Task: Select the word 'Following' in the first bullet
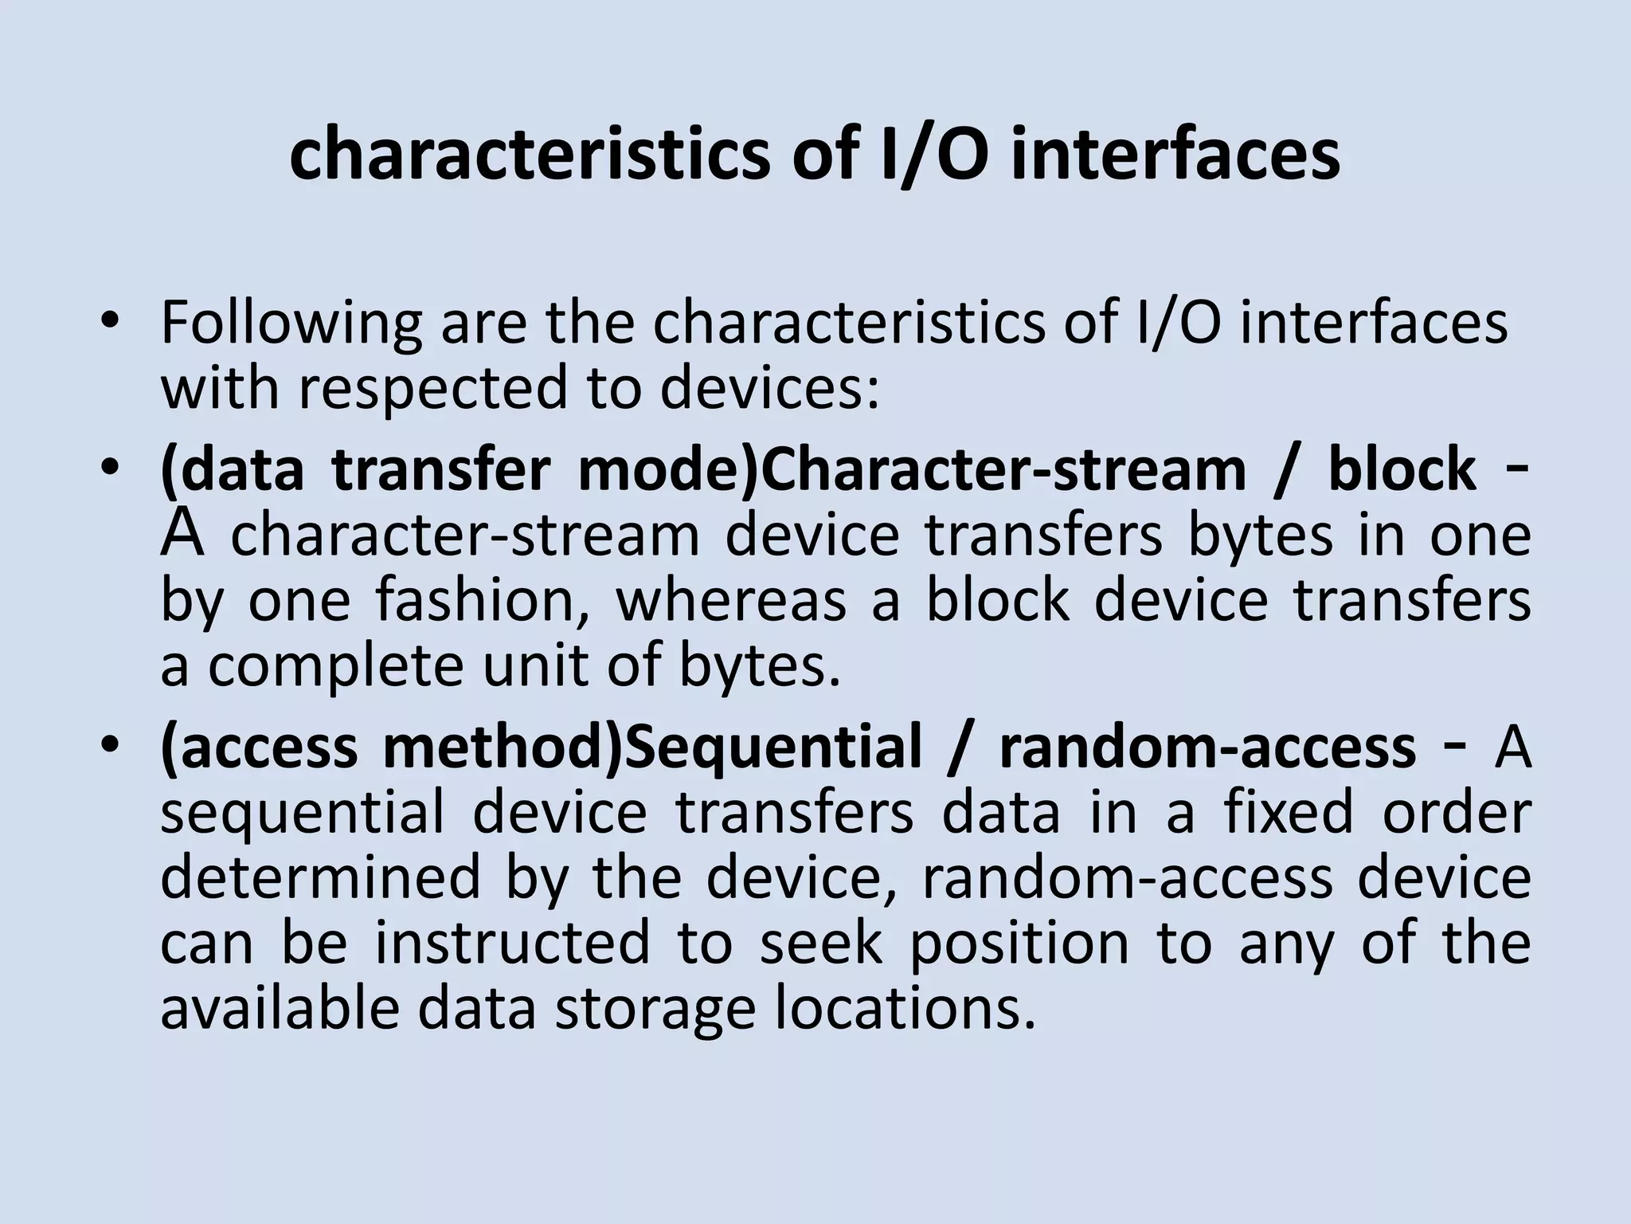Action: [x=291, y=324]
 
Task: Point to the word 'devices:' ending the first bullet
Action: [x=769, y=389]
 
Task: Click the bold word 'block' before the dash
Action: [x=1402, y=469]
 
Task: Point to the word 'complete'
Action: [x=334, y=666]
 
